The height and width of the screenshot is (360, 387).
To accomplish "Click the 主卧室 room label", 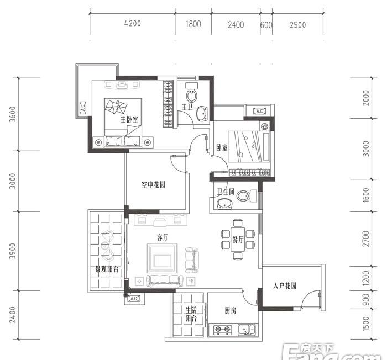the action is coord(129,120).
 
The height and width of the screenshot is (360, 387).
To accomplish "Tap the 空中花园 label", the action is coord(153,184).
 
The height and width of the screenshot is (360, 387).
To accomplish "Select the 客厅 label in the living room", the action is coord(163,237).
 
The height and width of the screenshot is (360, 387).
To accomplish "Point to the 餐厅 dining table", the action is coord(238,240).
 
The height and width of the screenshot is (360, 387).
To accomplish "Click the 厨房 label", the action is coord(231,310).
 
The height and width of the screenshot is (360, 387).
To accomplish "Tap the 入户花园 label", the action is coord(285,286).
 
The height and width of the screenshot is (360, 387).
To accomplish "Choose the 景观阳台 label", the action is coord(107,269).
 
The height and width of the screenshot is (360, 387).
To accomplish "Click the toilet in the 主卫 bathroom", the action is coord(192,93).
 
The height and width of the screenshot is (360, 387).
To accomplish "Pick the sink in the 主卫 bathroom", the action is coord(202,114).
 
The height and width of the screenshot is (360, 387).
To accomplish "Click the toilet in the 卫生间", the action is coord(247,196).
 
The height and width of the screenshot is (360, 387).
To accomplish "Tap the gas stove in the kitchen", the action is coord(223,330).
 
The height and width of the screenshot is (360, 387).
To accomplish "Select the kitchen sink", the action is coord(247,330).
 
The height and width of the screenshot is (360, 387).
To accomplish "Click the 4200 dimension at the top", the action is coord(133,23).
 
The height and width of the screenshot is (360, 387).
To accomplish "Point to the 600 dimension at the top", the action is coord(266,25).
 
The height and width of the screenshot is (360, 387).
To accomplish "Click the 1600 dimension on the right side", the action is coord(366,195).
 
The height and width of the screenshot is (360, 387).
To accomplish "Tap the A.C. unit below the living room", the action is coord(134,299).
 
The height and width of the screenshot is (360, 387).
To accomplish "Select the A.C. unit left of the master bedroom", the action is coord(83,108).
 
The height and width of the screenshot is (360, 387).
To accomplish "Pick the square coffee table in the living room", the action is coord(162,258).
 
